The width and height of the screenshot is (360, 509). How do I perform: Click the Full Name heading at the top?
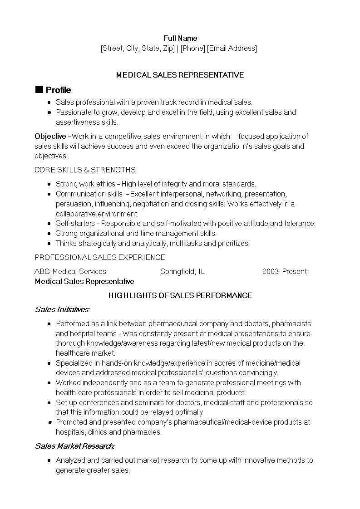(x=180, y=38)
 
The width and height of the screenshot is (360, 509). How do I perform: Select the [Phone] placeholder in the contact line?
(x=193, y=48)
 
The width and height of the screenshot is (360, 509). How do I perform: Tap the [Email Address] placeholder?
(x=232, y=48)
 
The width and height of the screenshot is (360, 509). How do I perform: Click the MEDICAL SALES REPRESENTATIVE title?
(x=180, y=75)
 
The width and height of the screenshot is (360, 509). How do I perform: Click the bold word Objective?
(x=50, y=136)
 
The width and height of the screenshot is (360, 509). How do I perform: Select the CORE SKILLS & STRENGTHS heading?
(x=85, y=170)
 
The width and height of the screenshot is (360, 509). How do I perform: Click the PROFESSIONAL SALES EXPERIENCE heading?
(x=100, y=257)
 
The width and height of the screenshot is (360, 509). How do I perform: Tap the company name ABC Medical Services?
(x=70, y=271)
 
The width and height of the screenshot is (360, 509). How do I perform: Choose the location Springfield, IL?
(x=182, y=271)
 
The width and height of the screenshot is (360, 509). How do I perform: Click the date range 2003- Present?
(x=285, y=271)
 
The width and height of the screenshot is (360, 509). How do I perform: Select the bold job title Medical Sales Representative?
(x=84, y=281)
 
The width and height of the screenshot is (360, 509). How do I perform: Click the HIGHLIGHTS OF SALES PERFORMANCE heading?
(x=180, y=295)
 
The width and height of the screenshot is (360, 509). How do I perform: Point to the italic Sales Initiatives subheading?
(x=62, y=309)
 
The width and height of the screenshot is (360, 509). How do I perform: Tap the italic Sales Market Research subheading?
(x=75, y=446)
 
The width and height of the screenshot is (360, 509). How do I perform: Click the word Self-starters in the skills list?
(x=75, y=223)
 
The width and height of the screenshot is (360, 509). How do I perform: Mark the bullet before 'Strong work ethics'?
(x=49, y=184)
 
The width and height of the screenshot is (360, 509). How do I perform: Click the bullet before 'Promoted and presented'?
(x=49, y=422)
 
